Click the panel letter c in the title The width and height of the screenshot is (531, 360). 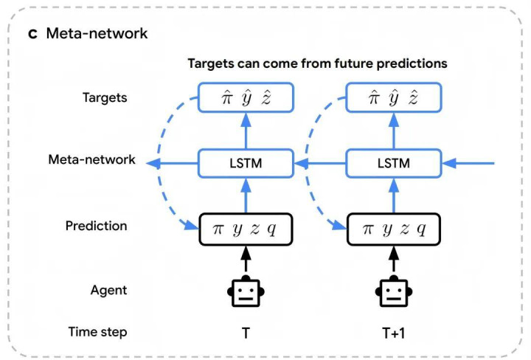coord(33,34)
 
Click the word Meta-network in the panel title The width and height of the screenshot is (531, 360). coord(97,34)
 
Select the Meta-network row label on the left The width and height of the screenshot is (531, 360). coord(91,159)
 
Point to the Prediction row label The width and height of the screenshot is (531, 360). coord(96,226)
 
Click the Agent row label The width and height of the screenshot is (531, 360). coord(108,290)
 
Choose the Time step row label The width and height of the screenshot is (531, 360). coord(97,331)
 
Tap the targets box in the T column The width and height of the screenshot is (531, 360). coord(246,97)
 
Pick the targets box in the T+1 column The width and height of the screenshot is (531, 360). coord(393,97)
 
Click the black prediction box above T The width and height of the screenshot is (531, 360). coord(246,229)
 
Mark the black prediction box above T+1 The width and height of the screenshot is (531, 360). coord(393,229)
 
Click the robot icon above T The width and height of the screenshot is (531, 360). coord(246,291)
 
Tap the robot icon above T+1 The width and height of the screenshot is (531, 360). coord(393,291)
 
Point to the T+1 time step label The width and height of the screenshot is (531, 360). coord(393,333)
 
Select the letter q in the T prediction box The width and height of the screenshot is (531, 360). coord(271,229)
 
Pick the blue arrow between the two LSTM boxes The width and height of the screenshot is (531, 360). coord(319,161)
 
